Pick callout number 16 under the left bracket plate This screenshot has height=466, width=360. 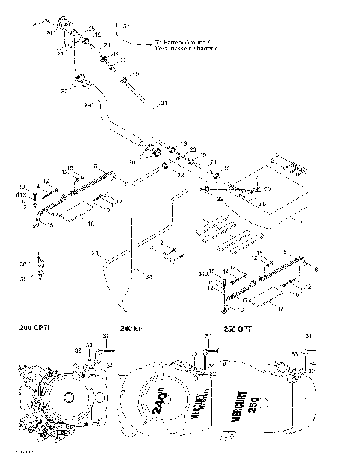(91, 224)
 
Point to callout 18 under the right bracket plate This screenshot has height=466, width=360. (280, 308)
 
